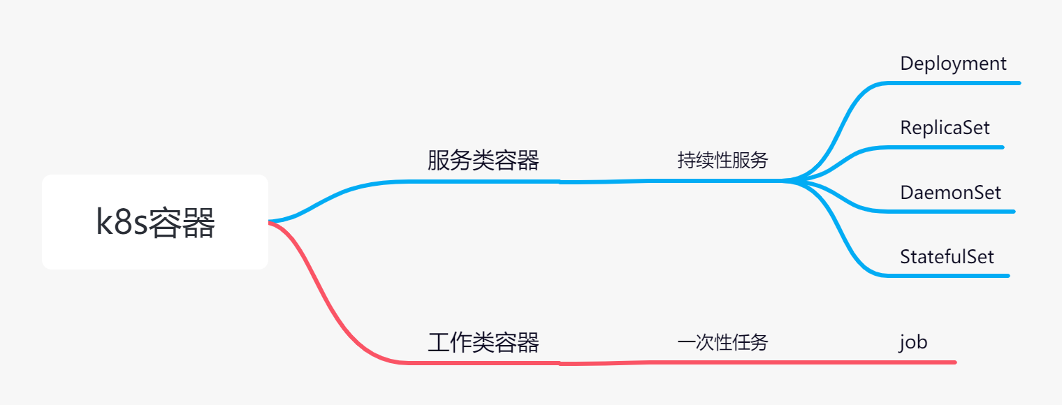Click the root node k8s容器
coord(155,222)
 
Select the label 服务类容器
coord(483,161)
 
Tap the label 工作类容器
coord(483,343)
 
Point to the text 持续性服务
coord(722,161)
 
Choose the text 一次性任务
coord(722,343)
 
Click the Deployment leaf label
coord(953,64)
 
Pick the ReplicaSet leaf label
coord(945,128)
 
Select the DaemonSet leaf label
coord(950,192)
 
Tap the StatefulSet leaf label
coord(947,256)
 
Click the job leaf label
coord(912,343)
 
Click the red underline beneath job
coord(922,362)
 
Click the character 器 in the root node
coord(197,223)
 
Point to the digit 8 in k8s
coord(123,223)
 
